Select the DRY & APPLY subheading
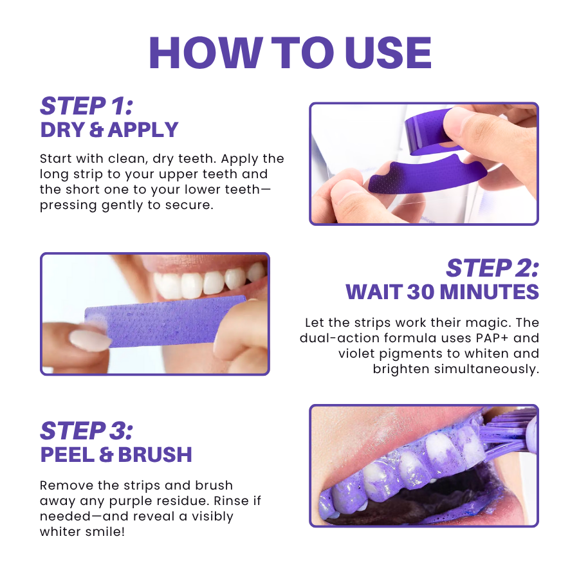point(109,130)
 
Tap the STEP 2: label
point(492,269)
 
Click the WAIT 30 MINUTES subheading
point(443,292)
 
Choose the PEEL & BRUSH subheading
point(116,455)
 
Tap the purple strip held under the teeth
point(164,325)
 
